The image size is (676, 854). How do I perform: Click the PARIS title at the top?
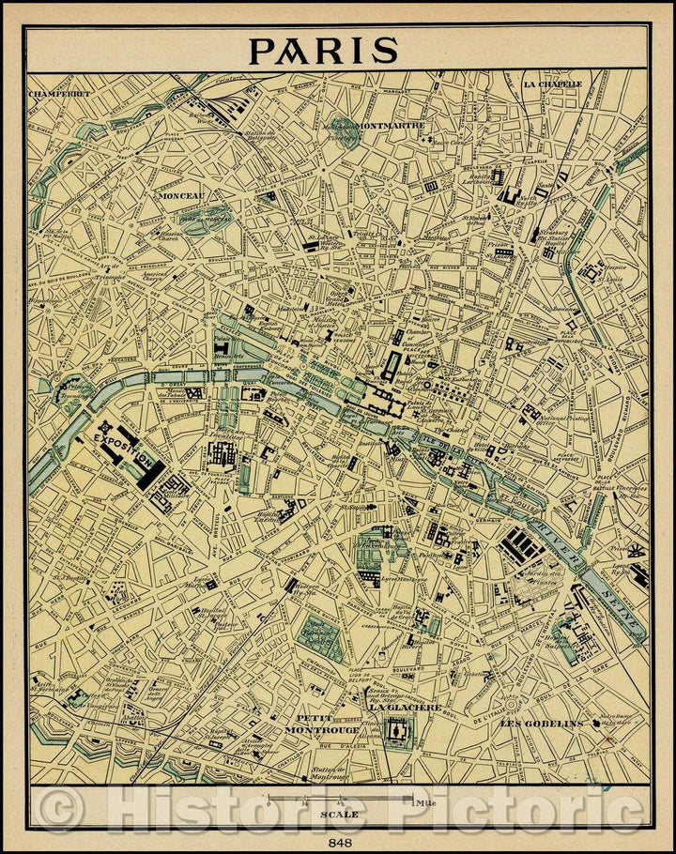(x=323, y=50)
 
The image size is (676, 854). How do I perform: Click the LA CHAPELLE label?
(x=553, y=84)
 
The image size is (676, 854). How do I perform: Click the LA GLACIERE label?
(x=405, y=708)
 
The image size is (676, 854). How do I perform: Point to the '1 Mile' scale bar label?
(x=422, y=802)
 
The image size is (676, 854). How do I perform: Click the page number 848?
(x=338, y=842)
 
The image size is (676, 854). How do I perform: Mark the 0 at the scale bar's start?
(x=269, y=803)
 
